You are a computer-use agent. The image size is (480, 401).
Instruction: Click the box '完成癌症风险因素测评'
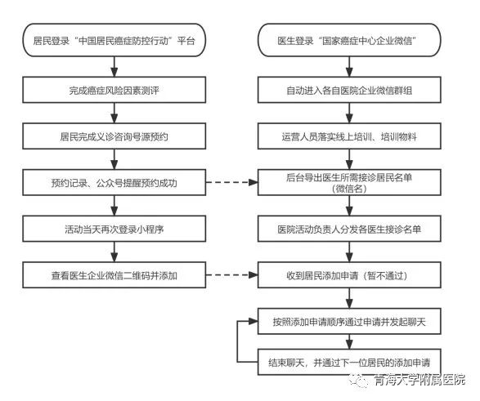(114, 90)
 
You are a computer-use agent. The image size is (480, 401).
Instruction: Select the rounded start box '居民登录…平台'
(114, 40)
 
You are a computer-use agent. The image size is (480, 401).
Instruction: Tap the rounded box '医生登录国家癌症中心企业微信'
(349, 40)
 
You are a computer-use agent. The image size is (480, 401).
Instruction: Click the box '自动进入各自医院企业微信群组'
(349, 90)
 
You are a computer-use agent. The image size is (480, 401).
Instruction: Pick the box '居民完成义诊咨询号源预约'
(114, 136)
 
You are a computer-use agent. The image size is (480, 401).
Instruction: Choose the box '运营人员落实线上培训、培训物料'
(349, 136)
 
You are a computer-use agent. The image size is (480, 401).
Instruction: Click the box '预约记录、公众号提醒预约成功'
(114, 182)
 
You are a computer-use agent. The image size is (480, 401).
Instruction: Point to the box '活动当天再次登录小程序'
(114, 229)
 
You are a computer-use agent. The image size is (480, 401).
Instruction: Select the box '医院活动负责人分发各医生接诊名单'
(349, 229)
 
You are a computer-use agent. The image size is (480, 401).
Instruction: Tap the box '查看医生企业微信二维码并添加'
(114, 275)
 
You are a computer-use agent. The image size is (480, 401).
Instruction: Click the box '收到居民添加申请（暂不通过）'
(349, 275)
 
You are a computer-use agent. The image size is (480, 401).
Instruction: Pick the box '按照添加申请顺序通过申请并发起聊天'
(349, 321)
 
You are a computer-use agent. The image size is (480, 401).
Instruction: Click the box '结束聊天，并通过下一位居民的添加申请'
(349, 362)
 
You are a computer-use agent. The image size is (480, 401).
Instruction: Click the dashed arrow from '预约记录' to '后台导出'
(231, 182)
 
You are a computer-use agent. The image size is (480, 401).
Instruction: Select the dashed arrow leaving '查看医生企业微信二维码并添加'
(231, 275)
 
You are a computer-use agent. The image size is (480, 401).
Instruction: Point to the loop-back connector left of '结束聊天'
(238, 341)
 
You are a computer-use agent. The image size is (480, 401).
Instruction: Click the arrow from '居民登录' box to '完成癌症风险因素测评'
(114, 67)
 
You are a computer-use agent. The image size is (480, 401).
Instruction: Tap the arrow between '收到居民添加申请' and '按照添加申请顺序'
(349, 298)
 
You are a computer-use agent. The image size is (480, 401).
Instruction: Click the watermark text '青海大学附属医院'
(419, 380)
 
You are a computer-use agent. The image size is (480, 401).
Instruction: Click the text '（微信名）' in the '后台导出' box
(349, 189)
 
